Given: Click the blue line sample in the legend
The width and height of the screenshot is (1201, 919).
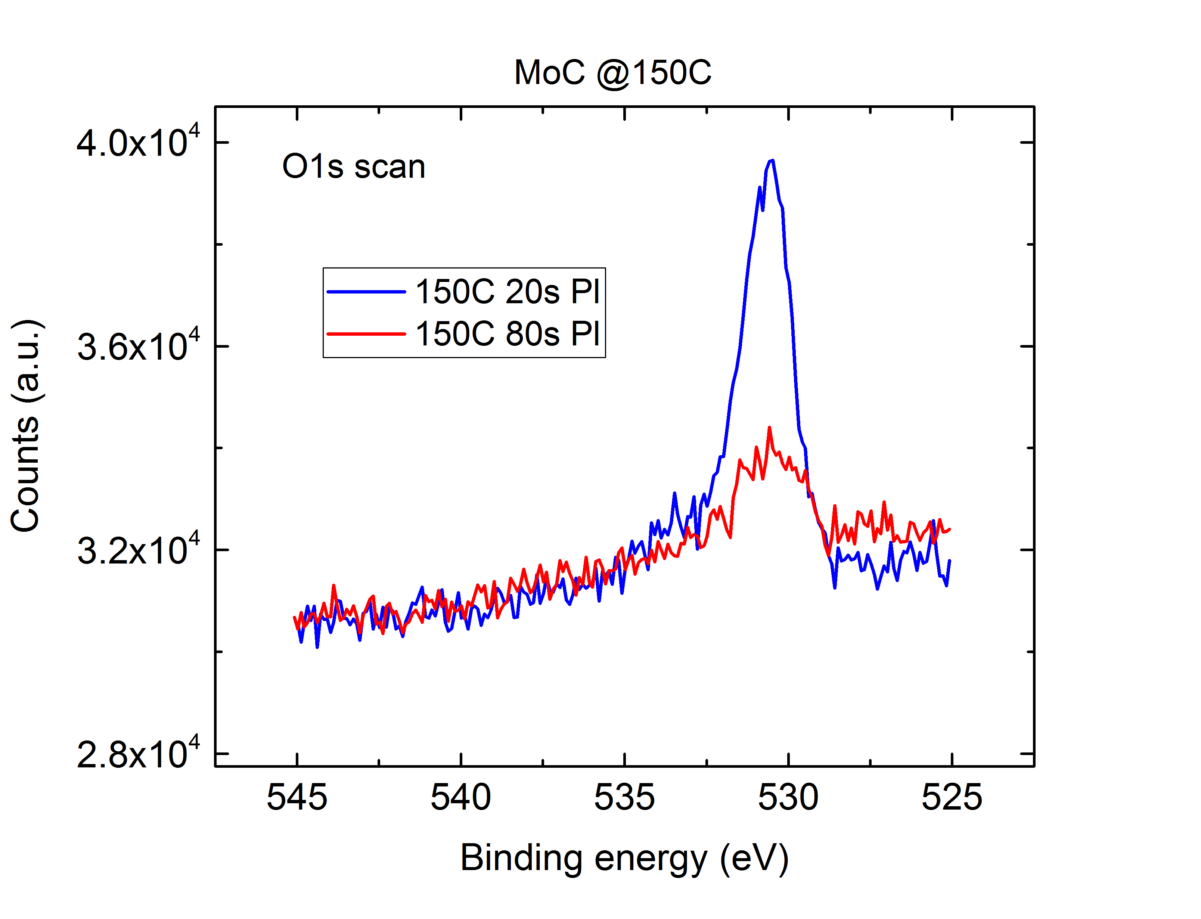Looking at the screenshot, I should [366, 292].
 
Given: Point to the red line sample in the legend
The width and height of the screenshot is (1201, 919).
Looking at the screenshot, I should [366, 334].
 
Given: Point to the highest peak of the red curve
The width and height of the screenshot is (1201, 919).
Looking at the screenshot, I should [770, 428].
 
